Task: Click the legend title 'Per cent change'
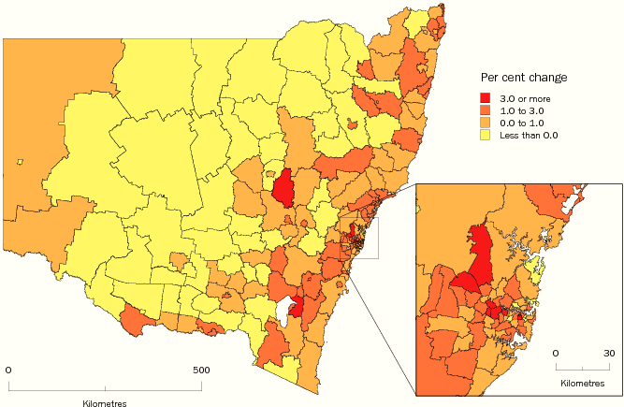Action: pos(523,76)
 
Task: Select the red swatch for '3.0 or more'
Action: pos(486,97)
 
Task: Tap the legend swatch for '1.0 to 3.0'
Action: pos(486,110)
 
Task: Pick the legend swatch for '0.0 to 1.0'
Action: pos(486,123)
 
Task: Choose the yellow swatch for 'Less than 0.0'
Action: pos(486,135)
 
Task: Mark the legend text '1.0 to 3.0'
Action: pos(522,110)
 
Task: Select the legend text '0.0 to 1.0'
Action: pos(522,123)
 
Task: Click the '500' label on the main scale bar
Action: pos(201,370)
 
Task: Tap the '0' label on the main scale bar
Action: pos(8,370)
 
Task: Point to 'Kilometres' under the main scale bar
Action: pos(104,402)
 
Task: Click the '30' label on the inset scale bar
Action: pos(609,353)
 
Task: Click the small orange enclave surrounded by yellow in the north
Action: pos(352,123)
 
